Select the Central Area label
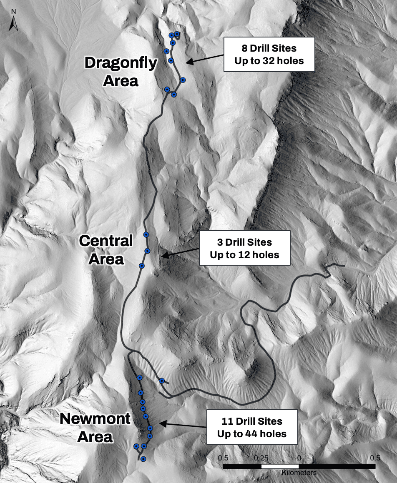(x=106, y=249)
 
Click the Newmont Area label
(x=95, y=428)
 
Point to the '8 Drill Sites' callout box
(x=269, y=55)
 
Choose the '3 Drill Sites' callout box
(x=244, y=248)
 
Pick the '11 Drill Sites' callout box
(x=252, y=428)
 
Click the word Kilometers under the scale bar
(x=299, y=473)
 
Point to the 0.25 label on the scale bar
(x=261, y=458)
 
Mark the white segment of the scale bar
(x=280, y=466)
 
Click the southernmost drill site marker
(x=143, y=459)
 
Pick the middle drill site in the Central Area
(x=147, y=250)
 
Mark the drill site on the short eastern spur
(x=162, y=381)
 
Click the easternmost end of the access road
(x=344, y=265)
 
